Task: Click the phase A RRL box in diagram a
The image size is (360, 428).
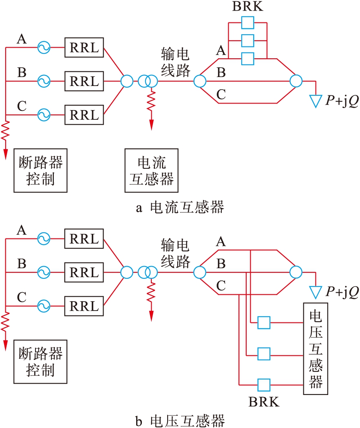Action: [84, 48]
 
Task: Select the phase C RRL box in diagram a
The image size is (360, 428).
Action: [84, 115]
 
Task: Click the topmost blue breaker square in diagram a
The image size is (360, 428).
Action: [247, 23]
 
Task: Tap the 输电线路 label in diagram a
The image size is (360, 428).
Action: [175, 62]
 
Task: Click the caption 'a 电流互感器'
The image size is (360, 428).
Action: [180, 208]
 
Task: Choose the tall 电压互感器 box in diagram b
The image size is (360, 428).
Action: [316, 349]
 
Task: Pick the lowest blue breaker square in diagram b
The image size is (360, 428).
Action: [264, 384]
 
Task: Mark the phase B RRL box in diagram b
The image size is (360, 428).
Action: [84, 272]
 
